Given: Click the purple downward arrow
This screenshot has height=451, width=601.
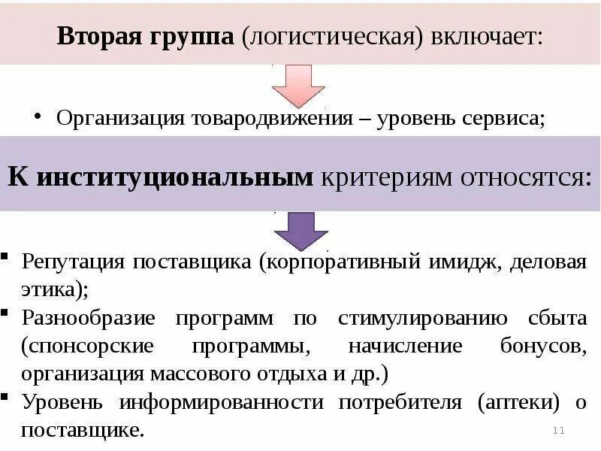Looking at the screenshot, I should point(300,230).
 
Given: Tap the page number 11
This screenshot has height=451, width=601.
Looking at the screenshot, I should point(558,430).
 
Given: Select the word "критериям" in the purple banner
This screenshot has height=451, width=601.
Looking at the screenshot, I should point(385,177).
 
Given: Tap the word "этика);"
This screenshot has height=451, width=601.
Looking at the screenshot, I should point(55,289).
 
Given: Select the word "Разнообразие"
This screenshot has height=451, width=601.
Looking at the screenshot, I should point(89,317).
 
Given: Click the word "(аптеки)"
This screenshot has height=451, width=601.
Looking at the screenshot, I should point(518,402).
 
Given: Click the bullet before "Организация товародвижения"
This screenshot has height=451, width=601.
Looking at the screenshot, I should point(38,117).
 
